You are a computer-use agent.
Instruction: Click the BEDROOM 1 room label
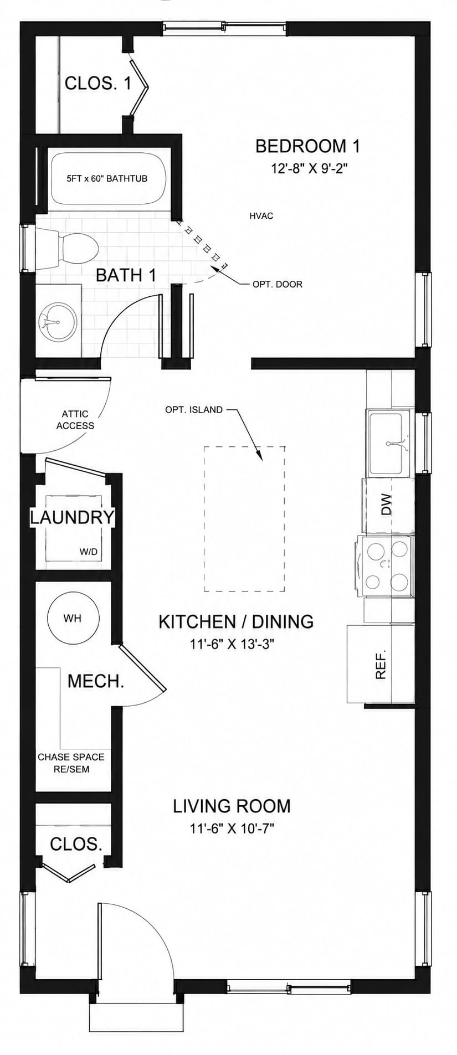pyautogui.click(x=307, y=146)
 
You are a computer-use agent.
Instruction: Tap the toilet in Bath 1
pyautogui.click(x=66, y=248)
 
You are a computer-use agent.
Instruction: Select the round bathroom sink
pyautogui.click(x=58, y=321)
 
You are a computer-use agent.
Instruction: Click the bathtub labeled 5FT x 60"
pyautogui.click(x=107, y=178)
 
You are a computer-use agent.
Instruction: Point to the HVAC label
pyautogui.click(x=261, y=216)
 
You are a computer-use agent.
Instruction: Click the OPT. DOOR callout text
pyautogui.click(x=278, y=284)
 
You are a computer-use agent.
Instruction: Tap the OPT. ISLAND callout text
pyautogui.click(x=194, y=410)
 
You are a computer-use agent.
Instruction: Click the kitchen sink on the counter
pyautogui.click(x=389, y=443)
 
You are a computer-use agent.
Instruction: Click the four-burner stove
pyautogui.click(x=386, y=566)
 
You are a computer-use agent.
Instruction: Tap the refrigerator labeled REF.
pyautogui.click(x=381, y=663)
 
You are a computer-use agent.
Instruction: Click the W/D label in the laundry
pyautogui.click(x=89, y=552)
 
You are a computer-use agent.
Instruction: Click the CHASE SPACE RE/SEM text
pyautogui.click(x=71, y=763)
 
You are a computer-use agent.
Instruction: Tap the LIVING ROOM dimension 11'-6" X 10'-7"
pyautogui.click(x=232, y=829)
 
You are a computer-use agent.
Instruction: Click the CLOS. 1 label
pyautogui.click(x=98, y=84)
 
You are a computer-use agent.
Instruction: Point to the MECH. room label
pyautogui.click(x=96, y=681)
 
